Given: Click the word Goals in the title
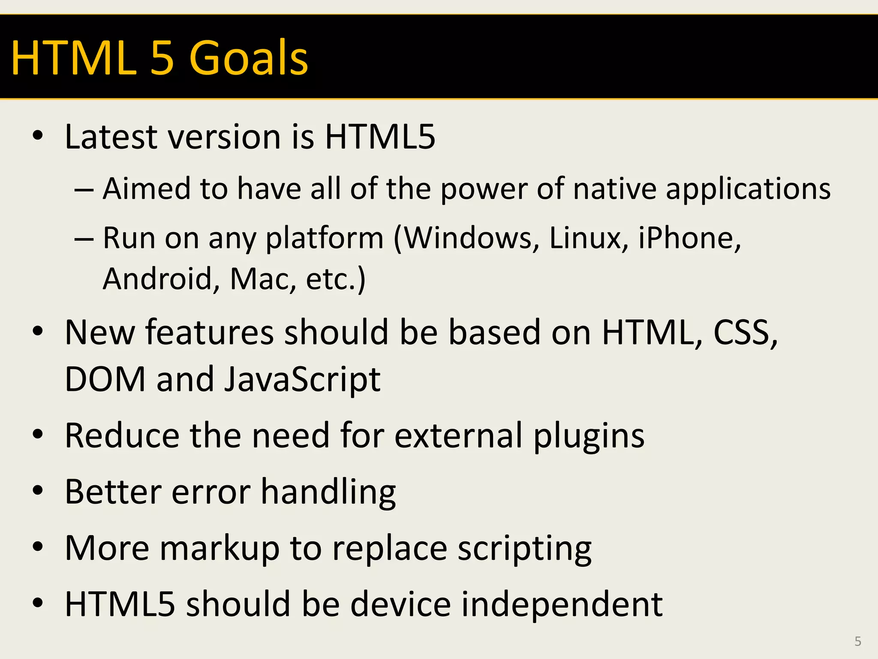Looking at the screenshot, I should click(x=248, y=58).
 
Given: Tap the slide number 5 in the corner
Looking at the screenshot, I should click(x=857, y=641).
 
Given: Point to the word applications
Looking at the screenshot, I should click(x=748, y=190).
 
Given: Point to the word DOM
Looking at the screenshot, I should click(x=105, y=379).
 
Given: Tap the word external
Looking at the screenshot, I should click(x=458, y=435).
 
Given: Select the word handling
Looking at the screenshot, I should click(x=328, y=493).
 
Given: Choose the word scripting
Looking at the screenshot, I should click(x=524, y=549).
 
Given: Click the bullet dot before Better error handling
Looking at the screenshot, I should click(x=38, y=491).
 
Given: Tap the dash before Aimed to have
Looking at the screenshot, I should click(x=84, y=189).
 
